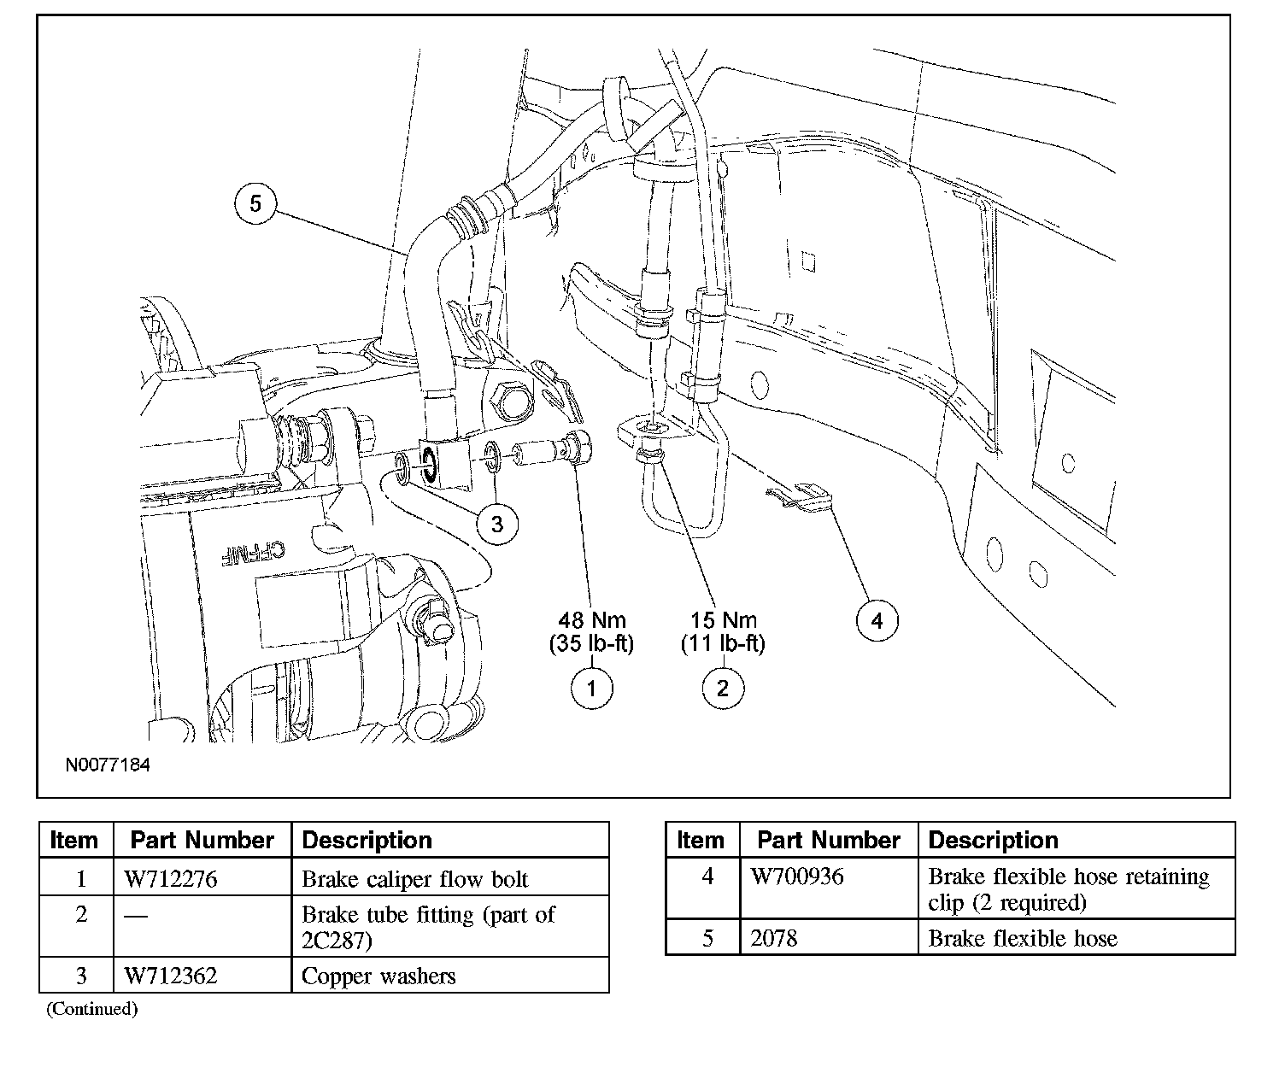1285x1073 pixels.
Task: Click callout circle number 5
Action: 255,203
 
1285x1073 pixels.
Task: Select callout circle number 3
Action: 497,525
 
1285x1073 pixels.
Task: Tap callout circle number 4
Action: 877,621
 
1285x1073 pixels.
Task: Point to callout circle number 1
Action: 591,689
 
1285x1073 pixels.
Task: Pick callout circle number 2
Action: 723,689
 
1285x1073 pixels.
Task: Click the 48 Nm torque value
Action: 591,619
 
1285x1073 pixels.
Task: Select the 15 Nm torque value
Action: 723,619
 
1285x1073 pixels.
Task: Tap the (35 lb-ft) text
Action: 591,643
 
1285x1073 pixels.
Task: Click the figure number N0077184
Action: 108,765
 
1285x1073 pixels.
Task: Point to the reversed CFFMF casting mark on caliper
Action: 253,552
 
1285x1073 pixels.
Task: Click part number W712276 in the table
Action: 171,879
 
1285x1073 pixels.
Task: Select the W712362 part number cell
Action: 171,976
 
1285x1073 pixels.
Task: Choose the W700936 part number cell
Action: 797,877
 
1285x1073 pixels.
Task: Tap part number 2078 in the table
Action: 773,938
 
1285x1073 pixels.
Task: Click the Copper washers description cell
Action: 378,976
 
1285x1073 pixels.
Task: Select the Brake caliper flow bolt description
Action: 414,879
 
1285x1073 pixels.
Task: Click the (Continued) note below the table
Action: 92,1009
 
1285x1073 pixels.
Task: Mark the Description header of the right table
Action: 994,841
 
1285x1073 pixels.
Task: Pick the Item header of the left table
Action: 73,841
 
